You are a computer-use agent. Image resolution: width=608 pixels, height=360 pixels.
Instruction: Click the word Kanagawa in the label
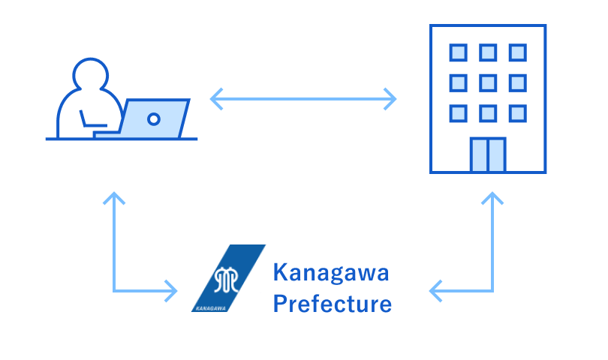331,274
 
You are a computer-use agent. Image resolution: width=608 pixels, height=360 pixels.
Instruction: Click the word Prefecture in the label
331,304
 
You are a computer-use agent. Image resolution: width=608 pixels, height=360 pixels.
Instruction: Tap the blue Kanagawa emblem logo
228,278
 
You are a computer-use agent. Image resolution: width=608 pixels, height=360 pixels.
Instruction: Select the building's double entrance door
488,154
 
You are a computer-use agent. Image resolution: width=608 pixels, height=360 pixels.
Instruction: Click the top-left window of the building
458,52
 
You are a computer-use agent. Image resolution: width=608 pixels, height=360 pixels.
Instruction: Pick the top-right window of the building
517,52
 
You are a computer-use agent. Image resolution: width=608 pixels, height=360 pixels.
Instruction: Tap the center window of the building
488,82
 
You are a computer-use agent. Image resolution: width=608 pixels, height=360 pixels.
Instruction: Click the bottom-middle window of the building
488,112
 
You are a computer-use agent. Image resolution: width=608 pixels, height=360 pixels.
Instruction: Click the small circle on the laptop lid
154,118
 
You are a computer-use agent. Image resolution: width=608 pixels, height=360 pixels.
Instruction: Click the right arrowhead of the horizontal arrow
391,98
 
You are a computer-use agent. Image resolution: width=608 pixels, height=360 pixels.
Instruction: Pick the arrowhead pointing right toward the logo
172,289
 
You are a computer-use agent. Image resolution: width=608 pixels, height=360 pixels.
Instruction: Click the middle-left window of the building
458,82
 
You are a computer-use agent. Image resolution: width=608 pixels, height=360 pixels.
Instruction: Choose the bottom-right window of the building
517,112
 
